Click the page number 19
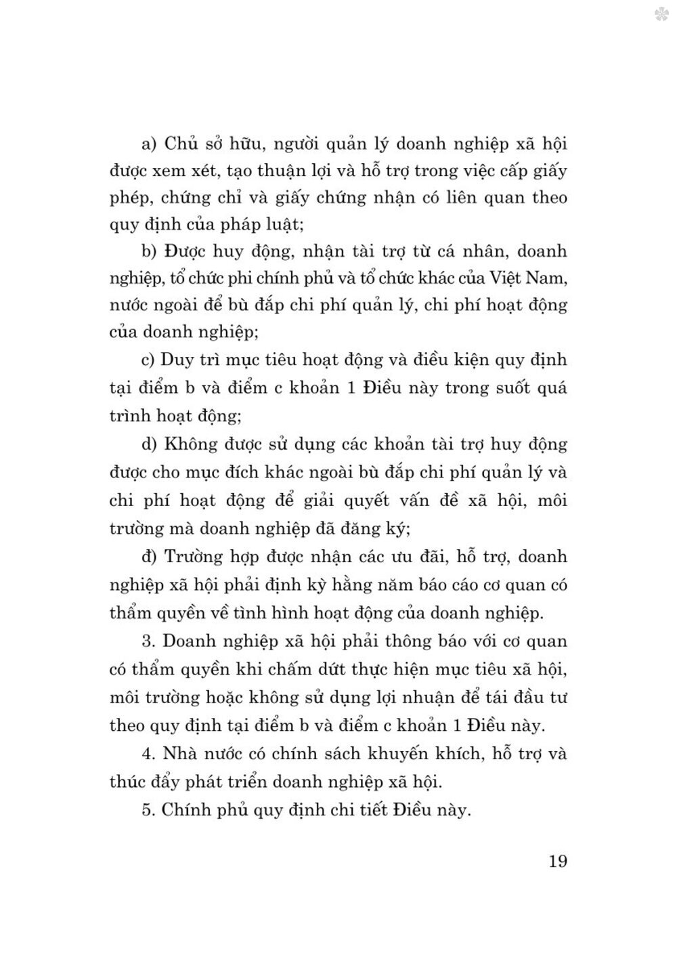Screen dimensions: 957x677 tap(558, 862)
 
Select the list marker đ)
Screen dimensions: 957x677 tap(149, 557)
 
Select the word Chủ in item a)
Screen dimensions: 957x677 tap(181, 144)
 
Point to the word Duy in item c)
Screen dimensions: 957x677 tap(177, 360)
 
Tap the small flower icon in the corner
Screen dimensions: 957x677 tap(662, 14)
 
